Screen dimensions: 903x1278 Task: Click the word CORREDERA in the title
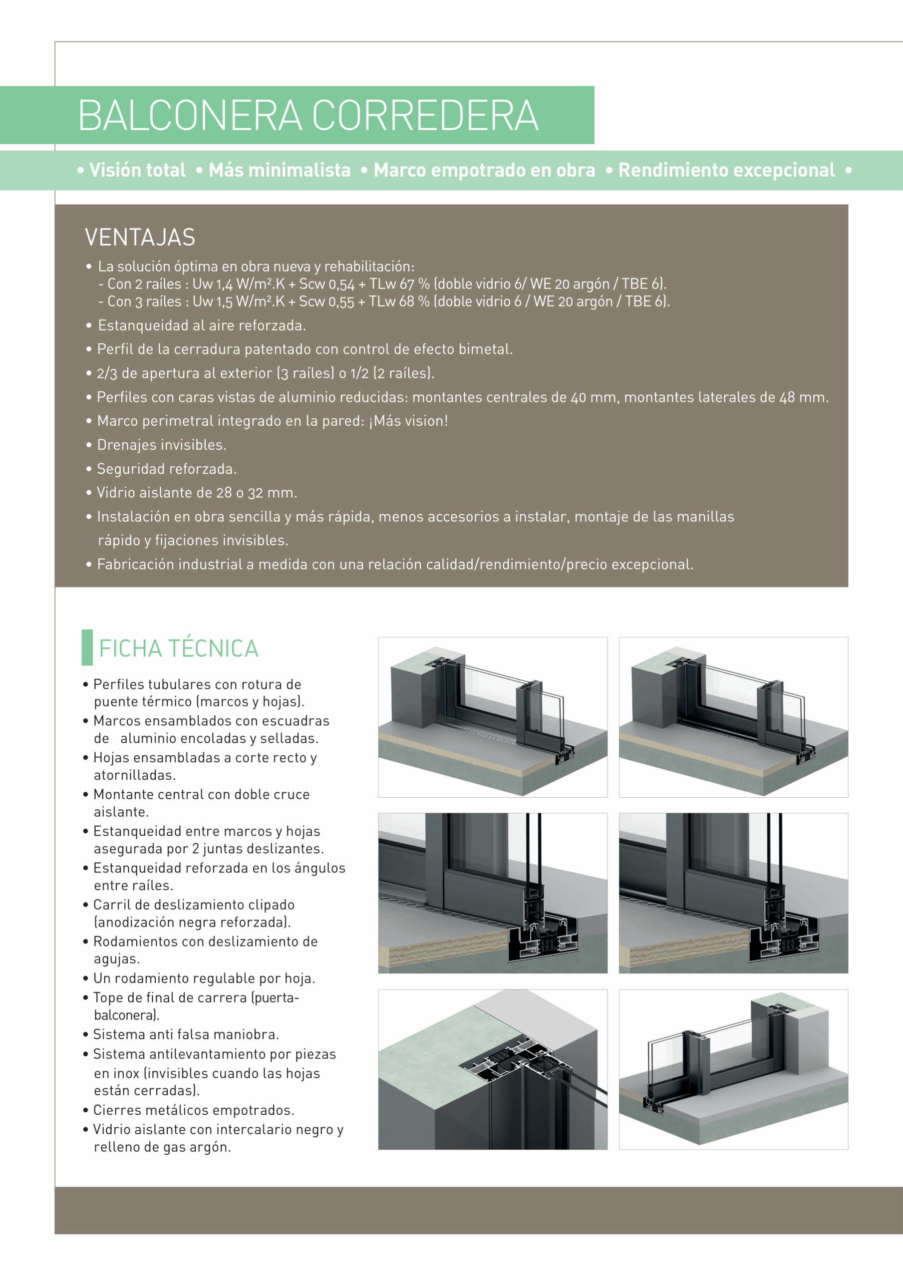tap(425, 116)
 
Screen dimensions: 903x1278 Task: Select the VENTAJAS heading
tap(140, 238)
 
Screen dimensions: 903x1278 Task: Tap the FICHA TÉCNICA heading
tap(179, 648)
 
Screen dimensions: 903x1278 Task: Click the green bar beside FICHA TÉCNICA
tap(87, 647)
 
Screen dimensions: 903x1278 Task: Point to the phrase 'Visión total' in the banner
tap(137, 170)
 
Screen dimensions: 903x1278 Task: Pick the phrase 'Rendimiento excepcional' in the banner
tap(726, 170)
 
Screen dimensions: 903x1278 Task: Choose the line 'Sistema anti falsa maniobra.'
tap(186, 1035)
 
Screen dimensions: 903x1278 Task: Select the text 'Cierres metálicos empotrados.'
tap(194, 1110)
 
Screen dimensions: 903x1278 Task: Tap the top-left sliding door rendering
tap(493, 717)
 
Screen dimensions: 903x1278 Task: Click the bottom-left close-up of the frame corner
tap(493, 1070)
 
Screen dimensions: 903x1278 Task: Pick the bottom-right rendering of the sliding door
tap(733, 1070)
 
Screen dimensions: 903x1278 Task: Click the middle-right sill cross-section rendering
tap(733, 894)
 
